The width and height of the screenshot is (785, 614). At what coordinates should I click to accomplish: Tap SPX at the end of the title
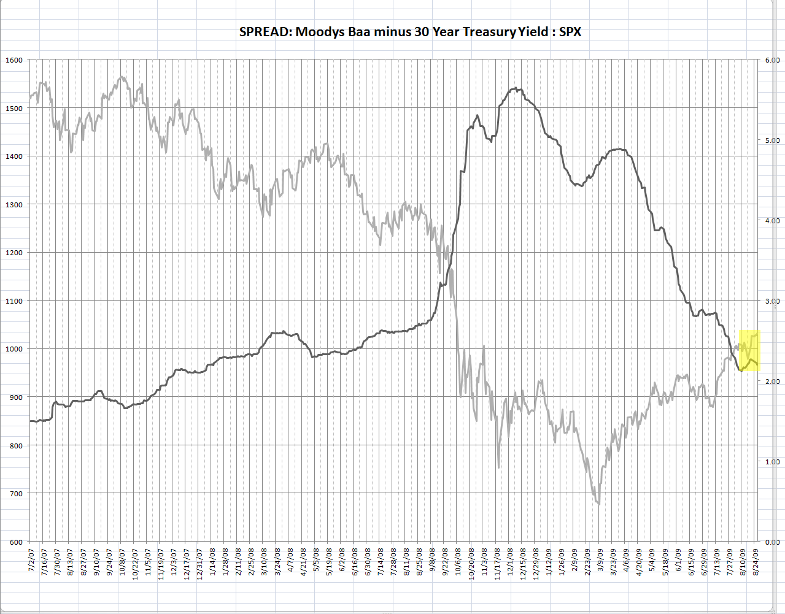coord(570,32)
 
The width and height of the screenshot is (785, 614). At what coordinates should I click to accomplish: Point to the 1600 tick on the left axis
coord(14,60)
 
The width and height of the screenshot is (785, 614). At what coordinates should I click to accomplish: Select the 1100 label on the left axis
coord(14,301)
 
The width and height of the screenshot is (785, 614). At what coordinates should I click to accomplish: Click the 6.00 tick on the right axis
coord(771,60)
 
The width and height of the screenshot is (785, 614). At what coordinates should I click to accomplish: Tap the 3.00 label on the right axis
coord(771,301)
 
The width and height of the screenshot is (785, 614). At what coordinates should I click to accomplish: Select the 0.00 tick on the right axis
coord(771,542)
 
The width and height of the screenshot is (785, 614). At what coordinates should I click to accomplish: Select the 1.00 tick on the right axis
coord(771,462)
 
